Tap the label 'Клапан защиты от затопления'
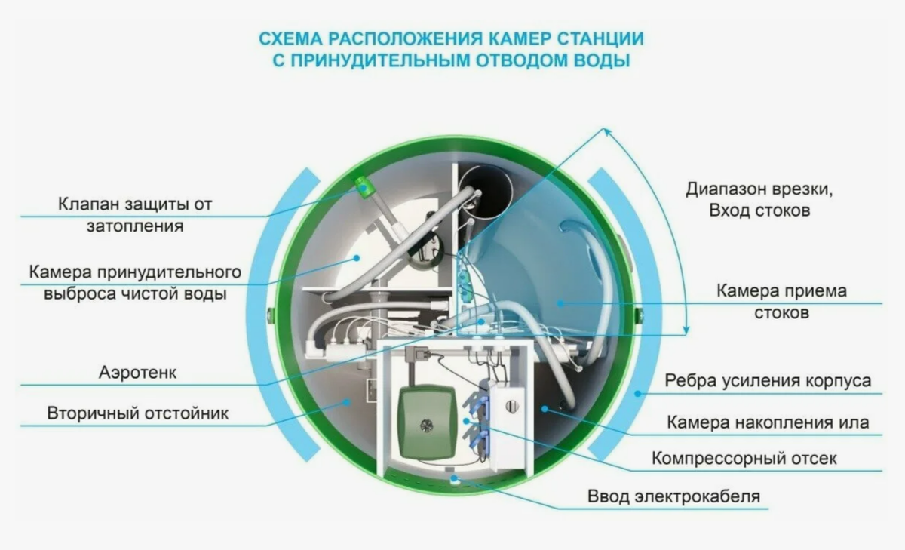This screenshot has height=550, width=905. (x=136, y=215)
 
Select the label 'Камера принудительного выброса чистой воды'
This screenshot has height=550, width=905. (x=135, y=283)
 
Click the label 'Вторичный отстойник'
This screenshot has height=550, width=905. (x=138, y=413)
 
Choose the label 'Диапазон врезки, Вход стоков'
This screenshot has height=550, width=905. (x=759, y=200)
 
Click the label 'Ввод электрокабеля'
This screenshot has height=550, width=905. (x=674, y=496)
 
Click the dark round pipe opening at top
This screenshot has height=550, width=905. (x=486, y=190)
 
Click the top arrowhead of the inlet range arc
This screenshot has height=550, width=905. (x=606, y=131)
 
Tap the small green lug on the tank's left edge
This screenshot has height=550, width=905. (x=270, y=312)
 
